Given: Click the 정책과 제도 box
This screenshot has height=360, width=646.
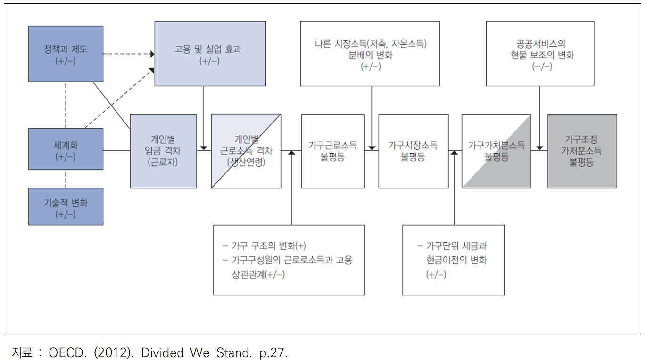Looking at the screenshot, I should pos(66,54).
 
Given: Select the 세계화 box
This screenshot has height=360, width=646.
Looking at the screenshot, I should pos(66,149).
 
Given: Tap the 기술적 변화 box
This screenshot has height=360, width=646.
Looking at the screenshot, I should pos(66,207).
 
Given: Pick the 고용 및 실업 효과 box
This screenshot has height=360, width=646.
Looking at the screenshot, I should pos(210,54).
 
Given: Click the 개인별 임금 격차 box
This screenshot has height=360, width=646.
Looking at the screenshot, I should pos(163,151).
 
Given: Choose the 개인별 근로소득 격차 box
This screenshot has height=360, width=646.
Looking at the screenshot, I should pos(246,151).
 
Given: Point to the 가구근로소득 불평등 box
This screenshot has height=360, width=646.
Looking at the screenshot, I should pos(333,151).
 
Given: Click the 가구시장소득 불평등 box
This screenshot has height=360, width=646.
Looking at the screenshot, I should pos(413,151).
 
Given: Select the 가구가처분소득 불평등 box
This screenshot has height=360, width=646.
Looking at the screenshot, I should pos(496,151).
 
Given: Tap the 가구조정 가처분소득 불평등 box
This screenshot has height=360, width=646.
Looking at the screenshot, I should pos(582,151).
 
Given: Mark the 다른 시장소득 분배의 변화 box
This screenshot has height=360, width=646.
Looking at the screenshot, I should pos(370,54).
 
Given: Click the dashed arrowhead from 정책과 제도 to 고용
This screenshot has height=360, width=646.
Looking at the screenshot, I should pos(152,54).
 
